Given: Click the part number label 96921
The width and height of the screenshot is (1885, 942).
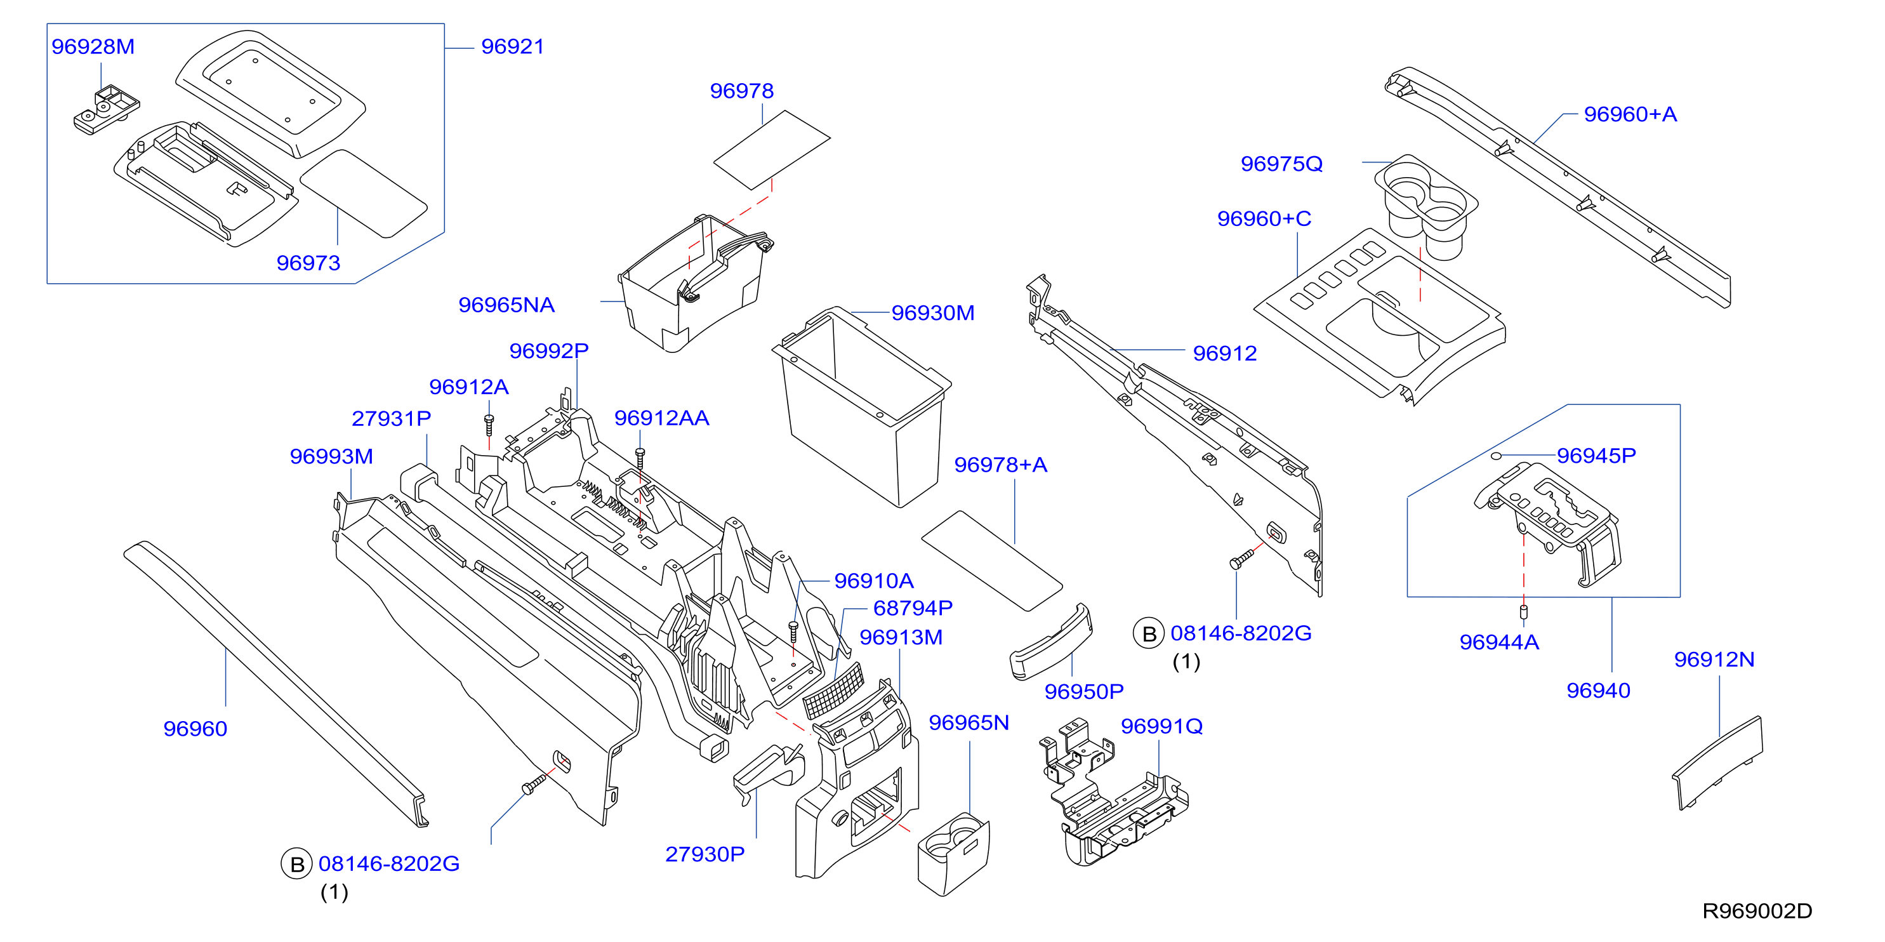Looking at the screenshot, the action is (512, 47).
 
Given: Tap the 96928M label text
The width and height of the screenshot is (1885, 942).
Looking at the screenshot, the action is (93, 47).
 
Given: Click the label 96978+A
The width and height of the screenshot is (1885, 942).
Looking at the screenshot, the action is (1000, 465).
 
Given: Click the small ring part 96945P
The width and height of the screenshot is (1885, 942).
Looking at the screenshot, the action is (1497, 456).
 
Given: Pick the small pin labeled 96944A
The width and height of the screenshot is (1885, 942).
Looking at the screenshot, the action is (1525, 612).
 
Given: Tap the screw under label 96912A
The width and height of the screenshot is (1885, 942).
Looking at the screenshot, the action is (489, 425).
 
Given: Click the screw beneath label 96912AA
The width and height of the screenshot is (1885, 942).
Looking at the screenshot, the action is (640, 459).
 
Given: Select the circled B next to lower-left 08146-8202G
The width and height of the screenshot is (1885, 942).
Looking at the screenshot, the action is (297, 865).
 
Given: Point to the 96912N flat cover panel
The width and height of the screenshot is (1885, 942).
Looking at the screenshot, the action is (1717, 764).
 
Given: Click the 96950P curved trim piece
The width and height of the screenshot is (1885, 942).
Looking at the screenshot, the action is (1051, 642).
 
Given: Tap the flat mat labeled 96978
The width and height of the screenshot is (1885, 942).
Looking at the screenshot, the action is (772, 149).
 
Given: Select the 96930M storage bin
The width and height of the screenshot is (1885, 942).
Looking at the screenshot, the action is (861, 407).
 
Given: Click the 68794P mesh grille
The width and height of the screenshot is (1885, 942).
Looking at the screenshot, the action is (833, 690).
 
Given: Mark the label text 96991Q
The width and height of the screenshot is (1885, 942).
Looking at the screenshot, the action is (1161, 726).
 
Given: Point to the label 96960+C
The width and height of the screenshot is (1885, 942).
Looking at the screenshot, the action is (1264, 219).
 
